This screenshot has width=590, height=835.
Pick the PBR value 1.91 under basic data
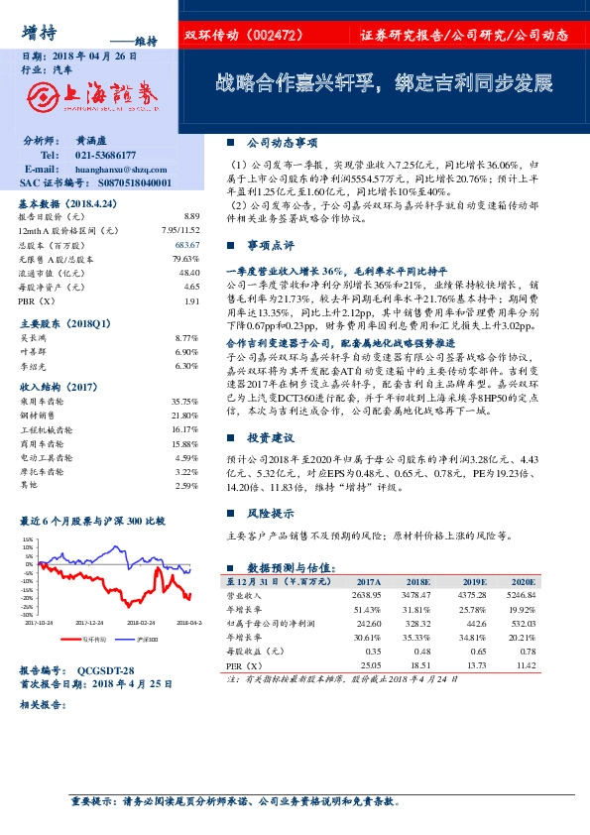click(x=191, y=299)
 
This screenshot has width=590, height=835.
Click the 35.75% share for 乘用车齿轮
click(x=185, y=403)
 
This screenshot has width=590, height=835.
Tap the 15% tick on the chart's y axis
click(x=28, y=540)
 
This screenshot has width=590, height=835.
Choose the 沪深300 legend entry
click(x=147, y=641)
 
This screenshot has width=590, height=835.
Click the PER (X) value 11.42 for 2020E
click(x=523, y=665)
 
